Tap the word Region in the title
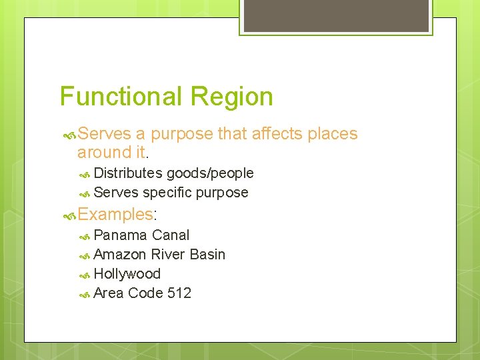[231, 97]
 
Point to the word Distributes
[128, 173]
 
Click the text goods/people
[210, 173]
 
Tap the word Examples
[115, 215]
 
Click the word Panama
[121, 235]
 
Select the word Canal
[171, 235]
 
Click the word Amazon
[121, 255]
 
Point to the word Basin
[207, 255]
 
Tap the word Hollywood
[127, 274]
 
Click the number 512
[179, 293]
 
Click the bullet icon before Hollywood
[85, 275]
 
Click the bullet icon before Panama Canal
[85, 236]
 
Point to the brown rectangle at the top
[336, 15]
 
